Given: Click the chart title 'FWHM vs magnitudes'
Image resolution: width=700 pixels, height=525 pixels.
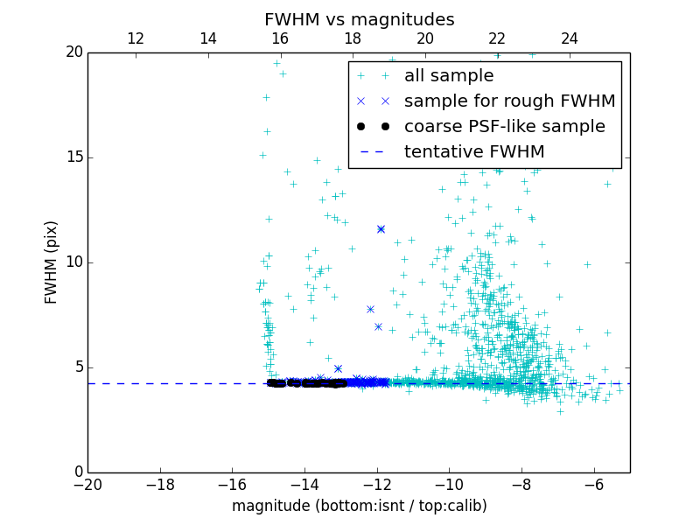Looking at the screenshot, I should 359,19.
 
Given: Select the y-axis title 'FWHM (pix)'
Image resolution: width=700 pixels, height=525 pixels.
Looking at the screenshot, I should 52,262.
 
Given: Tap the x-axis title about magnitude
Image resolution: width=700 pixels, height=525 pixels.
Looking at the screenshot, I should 359,506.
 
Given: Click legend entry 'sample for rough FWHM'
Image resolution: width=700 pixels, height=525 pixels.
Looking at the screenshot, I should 509,101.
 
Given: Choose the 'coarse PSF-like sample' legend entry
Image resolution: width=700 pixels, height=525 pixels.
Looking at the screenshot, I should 504,127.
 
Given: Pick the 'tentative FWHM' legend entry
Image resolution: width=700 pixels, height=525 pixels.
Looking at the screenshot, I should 473,152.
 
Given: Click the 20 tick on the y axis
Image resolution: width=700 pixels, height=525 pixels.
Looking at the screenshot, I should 73,52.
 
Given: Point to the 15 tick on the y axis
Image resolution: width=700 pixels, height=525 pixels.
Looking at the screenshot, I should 73,157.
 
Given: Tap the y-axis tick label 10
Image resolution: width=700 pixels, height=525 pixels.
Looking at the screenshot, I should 73,262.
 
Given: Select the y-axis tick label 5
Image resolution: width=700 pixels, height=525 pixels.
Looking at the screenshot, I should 77,367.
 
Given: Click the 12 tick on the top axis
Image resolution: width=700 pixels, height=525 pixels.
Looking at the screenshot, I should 136,38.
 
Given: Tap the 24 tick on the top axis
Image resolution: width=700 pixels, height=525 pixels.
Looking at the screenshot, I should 570,38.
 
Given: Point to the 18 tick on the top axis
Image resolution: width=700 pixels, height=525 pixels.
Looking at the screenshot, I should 353,38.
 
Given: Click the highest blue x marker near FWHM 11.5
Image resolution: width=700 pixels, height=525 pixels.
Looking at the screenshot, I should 381,229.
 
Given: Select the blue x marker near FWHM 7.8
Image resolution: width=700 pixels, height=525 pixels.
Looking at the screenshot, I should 370,309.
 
